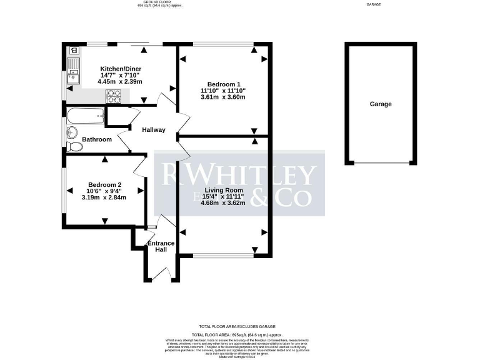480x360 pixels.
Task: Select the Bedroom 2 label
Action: pyautogui.click(x=104, y=184)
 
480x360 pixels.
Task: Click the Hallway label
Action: pyautogui.click(x=153, y=130)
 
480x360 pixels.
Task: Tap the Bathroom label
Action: pyautogui.click(x=97, y=139)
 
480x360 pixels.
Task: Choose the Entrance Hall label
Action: pyautogui.click(x=161, y=246)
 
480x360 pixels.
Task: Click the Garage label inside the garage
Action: pyautogui.click(x=380, y=104)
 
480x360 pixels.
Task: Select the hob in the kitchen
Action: pyautogui.click(x=114, y=96)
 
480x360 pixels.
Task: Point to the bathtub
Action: pyautogui.click(x=86, y=115)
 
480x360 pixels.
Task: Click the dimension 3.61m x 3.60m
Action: pyautogui.click(x=222, y=97)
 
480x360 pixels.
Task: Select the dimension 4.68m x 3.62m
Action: pyautogui.click(x=223, y=202)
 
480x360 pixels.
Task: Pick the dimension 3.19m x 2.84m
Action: pyautogui.click(x=104, y=197)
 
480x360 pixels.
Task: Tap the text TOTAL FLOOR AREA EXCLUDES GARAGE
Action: pyautogui.click(x=239, y=327)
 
